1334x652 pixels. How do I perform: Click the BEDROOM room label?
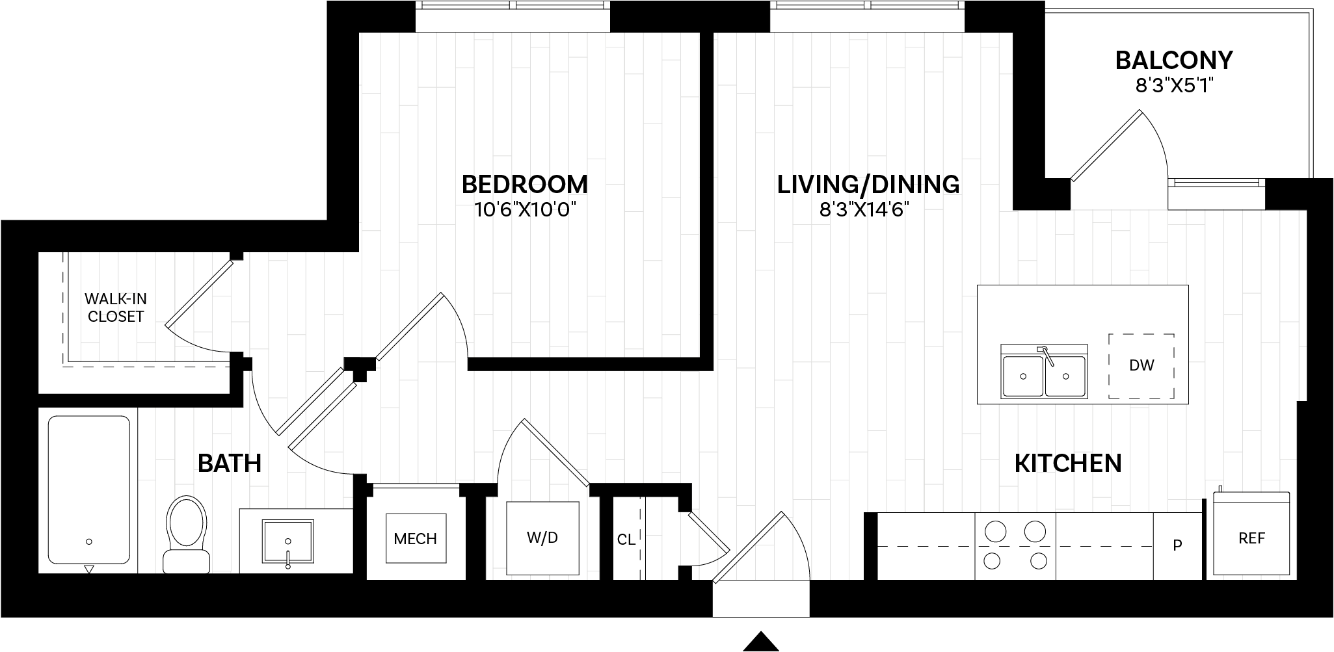pyautogui.click(x=524, y=184)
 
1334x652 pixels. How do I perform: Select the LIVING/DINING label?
pyautogui.click(x=868, y=184)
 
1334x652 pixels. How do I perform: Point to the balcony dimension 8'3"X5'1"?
pyautogui.click(x=1174, y=85)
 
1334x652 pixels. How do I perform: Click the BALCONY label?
pyautogui.click(x=1174, y=60)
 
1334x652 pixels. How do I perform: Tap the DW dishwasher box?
pyautogui.click(x=1141, y=366)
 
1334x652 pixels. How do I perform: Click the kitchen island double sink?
pyautogui.click(x=1044, y=375)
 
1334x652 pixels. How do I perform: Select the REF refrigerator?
pyautogui.click(x=1251, y=538)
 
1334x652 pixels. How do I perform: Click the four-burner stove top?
pyautogui.click(x=1015, y=545)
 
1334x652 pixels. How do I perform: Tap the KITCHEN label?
pyautogui.click(x=1068, y=463)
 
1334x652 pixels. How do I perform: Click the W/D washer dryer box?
pyautogui.click(x=542, y=538)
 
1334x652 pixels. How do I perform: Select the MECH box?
pyautogui.click(x=416, y=539)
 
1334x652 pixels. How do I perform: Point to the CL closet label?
pyautogui.click(x=626, y=540)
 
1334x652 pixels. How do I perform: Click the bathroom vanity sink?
pyautogui.click(x=287, y=541)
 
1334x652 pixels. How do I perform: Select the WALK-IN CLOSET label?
pyautogui.click(x=116, y=308)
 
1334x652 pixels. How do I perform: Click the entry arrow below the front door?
pyautogui.click(x=761, y=641)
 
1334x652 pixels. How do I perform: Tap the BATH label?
pyautogui.click(x=229, y=463)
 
